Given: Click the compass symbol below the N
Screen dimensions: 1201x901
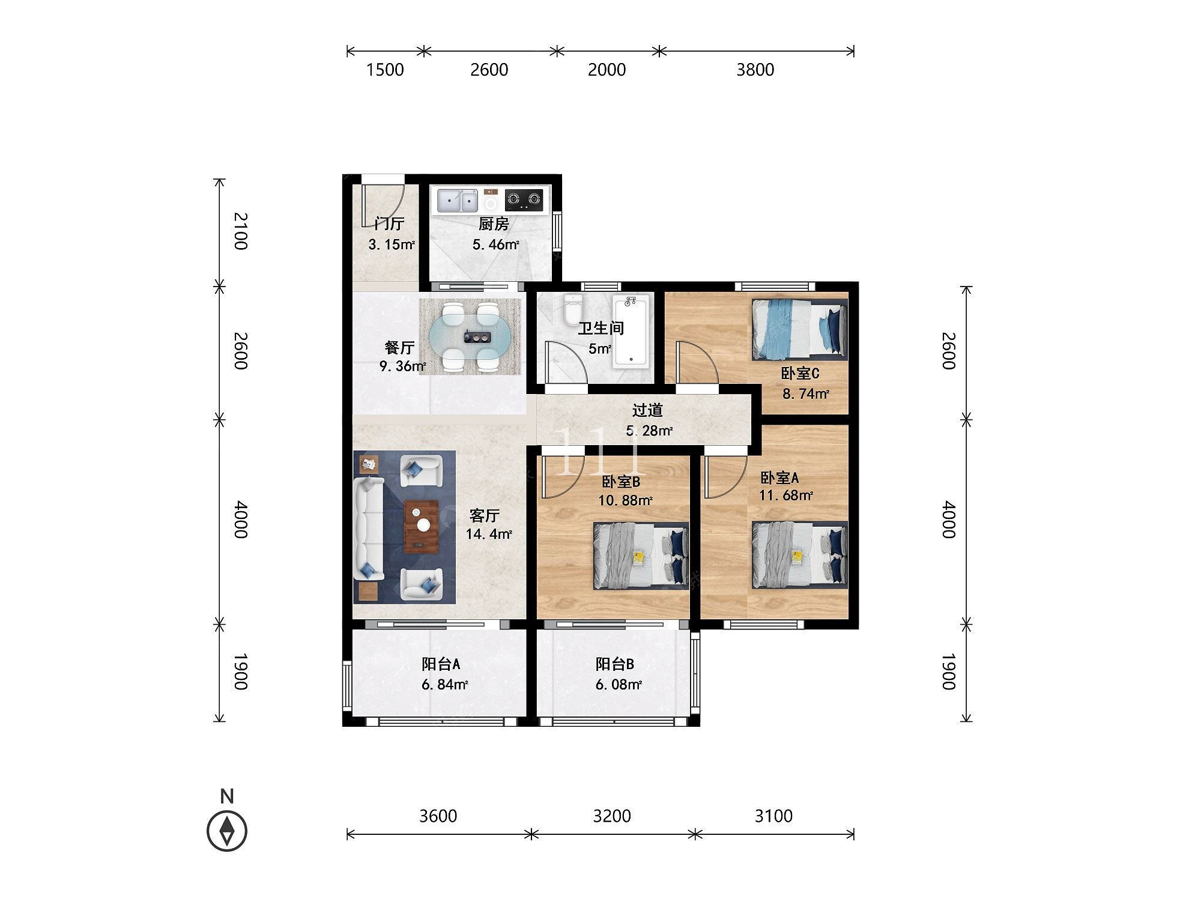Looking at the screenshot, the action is (227, 831).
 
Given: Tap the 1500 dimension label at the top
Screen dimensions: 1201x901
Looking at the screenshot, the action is (385, 70).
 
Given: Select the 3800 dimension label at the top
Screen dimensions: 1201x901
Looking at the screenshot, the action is (755, 70).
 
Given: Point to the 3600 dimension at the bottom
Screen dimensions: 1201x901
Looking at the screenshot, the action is (438, 816).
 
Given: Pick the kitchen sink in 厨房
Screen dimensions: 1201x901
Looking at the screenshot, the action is (457, 201).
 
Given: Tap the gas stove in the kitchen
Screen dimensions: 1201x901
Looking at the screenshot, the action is (524, 199).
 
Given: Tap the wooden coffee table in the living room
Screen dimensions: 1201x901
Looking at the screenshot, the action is (421, 526).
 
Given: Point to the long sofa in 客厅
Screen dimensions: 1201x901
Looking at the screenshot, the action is (369, 529).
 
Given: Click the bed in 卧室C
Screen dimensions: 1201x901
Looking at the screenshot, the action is (799, 330).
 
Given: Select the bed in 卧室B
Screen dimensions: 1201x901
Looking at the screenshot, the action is (641, 556).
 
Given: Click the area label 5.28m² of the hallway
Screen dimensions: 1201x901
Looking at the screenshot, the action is (649, 431).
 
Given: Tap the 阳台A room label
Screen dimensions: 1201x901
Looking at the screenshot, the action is (441, 664).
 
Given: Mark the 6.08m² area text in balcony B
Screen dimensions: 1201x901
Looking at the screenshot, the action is (619, 684).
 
